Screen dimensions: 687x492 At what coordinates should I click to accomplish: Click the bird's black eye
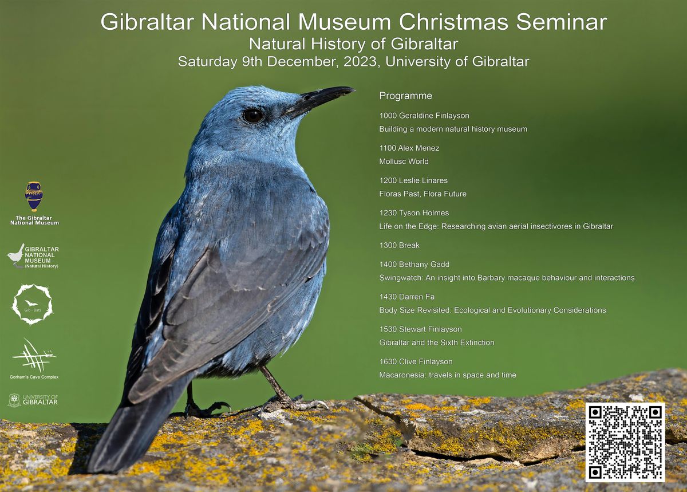[x=253, y=116]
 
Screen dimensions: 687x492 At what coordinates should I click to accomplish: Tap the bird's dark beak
[x=319, y=100]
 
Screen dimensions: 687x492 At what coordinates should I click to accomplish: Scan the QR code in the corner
[x=625, y=442]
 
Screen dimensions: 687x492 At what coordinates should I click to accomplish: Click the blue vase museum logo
[x=34, y=203]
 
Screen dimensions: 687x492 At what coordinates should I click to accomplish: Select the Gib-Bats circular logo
[x=32, y=304]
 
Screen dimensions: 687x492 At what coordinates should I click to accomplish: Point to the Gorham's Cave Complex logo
[x=34, y=359]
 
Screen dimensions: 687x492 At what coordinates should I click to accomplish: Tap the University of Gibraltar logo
[x=33, y=400]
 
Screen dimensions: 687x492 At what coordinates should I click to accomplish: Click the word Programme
[x=405, y=96]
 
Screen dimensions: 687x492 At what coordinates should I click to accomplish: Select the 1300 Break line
[x=400, y=245]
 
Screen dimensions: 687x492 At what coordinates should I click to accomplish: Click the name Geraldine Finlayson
[x=435, y=116]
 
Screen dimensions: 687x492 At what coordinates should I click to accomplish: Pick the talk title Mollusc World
[x=404, y=162]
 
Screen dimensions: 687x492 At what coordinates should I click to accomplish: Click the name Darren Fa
[x=417, y=297]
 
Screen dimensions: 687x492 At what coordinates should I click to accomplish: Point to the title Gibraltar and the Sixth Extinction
[x=437, y=343]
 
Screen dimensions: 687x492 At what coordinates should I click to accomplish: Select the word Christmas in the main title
[x=453, y=22]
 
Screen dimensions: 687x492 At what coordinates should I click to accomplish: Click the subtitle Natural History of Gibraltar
[x=354, y=44]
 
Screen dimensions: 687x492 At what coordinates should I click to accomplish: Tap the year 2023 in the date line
[x=360, y=62]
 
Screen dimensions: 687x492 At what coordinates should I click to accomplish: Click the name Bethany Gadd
[x=424, y=265]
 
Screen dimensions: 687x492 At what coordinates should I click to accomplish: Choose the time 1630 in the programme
[x=388, y=361]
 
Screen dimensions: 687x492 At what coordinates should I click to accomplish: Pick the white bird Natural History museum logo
[x=33, y=256]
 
